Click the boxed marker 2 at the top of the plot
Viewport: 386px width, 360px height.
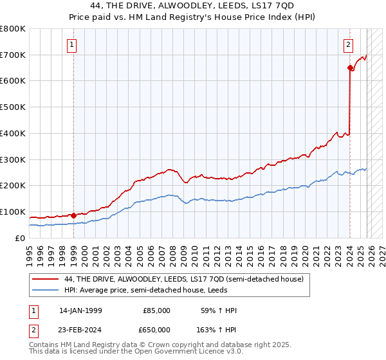[x=348, y=45]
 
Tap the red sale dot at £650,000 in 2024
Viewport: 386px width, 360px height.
[x=350, y=67]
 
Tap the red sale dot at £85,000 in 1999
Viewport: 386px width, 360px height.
[x=73, y=215]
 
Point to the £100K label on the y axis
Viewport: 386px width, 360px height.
[x=13, y=212]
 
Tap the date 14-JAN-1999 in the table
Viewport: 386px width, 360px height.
[x=80, y=310]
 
